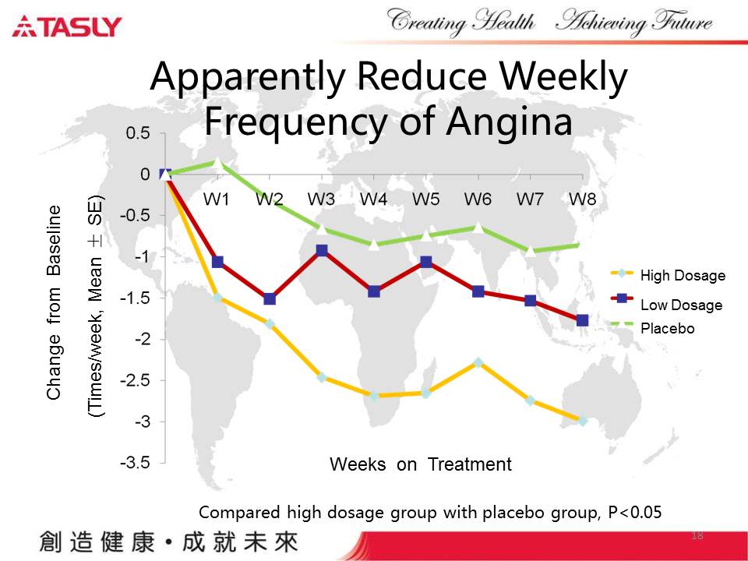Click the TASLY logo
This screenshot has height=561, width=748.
[x=67, y=27]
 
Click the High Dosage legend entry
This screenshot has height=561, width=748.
[x=682, y=276]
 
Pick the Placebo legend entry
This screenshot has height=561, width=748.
[x=667, y=329]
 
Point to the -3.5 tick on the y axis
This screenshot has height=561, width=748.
[x=135, y=463]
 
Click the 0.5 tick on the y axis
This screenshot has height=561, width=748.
[x=138, y=133]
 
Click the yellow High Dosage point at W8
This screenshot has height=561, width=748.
[x=582, y=421]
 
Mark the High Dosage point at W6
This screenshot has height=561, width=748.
[x=478, y=362]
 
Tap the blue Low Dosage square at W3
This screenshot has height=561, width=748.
[x=322, y=251]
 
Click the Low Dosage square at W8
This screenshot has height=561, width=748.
[x=582, y=320]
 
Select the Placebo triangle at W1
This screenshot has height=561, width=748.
[x=218, y=163]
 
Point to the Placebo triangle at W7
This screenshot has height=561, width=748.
[x=531, y=250]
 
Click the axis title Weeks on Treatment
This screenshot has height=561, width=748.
[x=421, y=465]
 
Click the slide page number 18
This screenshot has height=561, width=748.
[x=697, y=536]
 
